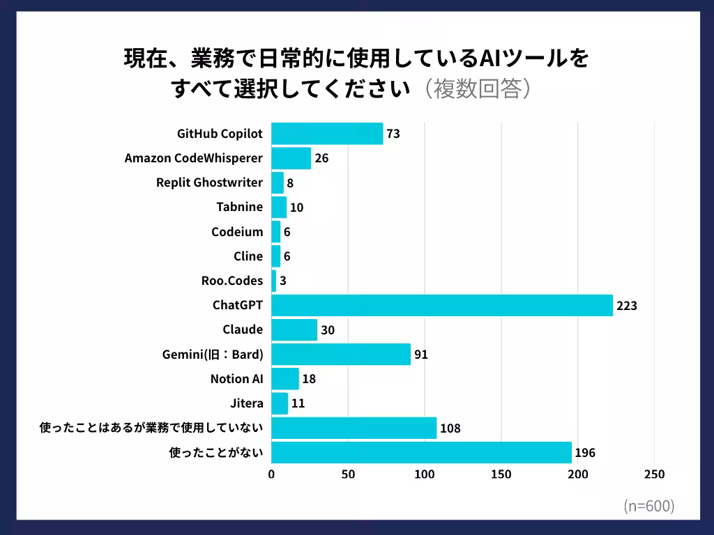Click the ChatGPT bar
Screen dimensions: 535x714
(x=441, y=305)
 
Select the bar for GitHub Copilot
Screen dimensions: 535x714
(x=327, y=133)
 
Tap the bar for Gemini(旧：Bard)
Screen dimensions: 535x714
(x=341, y=355)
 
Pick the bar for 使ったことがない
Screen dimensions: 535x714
(x=421, y=453)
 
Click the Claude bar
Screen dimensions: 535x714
(x=294, y=329)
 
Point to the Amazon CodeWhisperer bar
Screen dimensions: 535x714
(x=291, y=158)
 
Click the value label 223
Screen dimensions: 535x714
(x=627, y=305)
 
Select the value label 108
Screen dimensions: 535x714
(x=450, y=428)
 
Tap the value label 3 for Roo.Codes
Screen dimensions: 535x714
(x=282, y=281)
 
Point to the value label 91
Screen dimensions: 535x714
(x=420, y=355)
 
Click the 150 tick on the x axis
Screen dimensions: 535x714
(x=501, y=474)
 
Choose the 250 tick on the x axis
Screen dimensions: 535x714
(x=654, y=474)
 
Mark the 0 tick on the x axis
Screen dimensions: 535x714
(x=271, y=474)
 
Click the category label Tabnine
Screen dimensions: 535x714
(x=240, y=207)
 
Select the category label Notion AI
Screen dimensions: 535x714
(x=236, y=379)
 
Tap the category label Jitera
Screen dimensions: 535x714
(x=247, y=403)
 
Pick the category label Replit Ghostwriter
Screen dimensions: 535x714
(x=210, y=183)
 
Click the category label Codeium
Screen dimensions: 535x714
(x=237, y=232)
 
